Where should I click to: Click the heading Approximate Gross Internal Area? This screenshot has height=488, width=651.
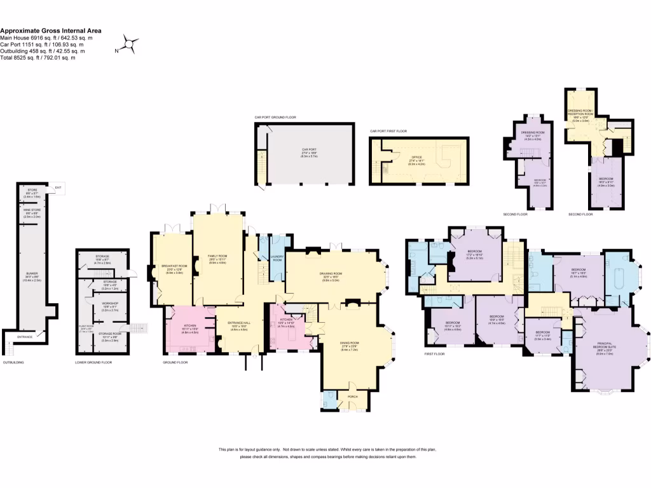pos(50,30)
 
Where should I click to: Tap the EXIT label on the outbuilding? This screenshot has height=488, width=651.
pos(58,187)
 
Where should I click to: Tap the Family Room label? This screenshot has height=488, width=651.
pos(217,256)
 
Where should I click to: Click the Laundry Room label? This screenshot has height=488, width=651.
pos(277,258)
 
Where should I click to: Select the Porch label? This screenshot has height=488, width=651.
pos(353,396)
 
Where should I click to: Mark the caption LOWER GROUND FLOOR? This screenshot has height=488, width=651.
pos(93,362)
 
